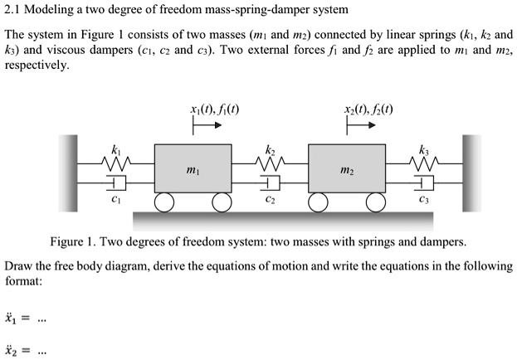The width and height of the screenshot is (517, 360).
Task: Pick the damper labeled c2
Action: (271, 182)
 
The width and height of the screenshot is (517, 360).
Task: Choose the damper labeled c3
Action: (425, 182)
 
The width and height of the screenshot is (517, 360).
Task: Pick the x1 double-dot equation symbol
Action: (11, 318)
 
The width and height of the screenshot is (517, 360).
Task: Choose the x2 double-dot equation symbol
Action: (11, 349)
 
